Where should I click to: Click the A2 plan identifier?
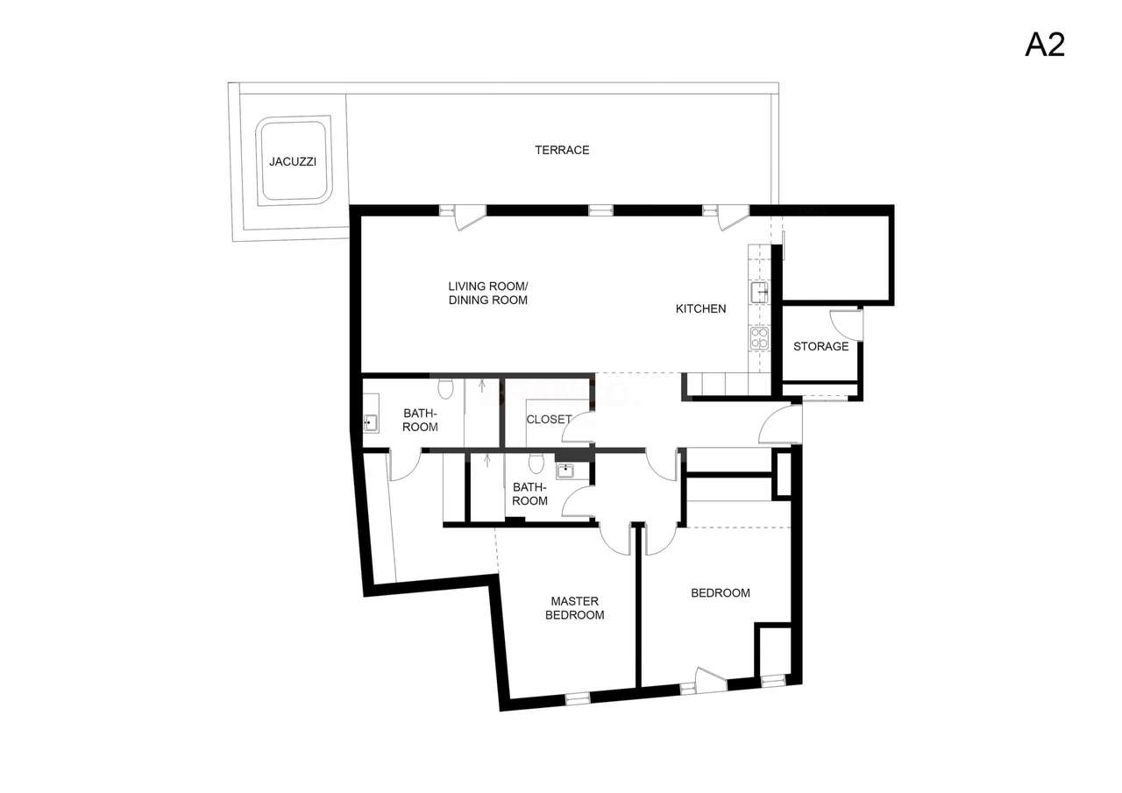(1044, 44)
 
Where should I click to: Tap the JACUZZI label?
(293, 162)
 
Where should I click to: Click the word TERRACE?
(562, 150)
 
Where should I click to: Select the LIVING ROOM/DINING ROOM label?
(487, 294)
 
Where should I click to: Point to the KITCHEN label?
(700, 308)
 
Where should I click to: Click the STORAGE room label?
(820, 346)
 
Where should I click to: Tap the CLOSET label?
(549, 420)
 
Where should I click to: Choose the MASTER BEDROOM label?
(575, 608)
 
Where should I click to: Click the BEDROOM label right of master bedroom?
(721, 593)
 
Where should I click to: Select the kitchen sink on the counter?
(758, 292)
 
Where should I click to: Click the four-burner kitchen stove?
(759, 338)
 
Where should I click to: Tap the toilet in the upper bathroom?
(445, 386)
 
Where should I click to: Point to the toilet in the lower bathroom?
(536, 463)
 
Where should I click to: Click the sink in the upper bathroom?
(370, 423)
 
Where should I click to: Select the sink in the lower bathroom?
(565, 471)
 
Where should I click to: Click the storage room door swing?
(845, 324)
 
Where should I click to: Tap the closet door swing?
(579, 428)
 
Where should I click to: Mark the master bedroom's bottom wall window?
(578, 698)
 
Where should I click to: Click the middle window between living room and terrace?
(600, 210)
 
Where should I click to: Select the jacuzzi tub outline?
(293, 161)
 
